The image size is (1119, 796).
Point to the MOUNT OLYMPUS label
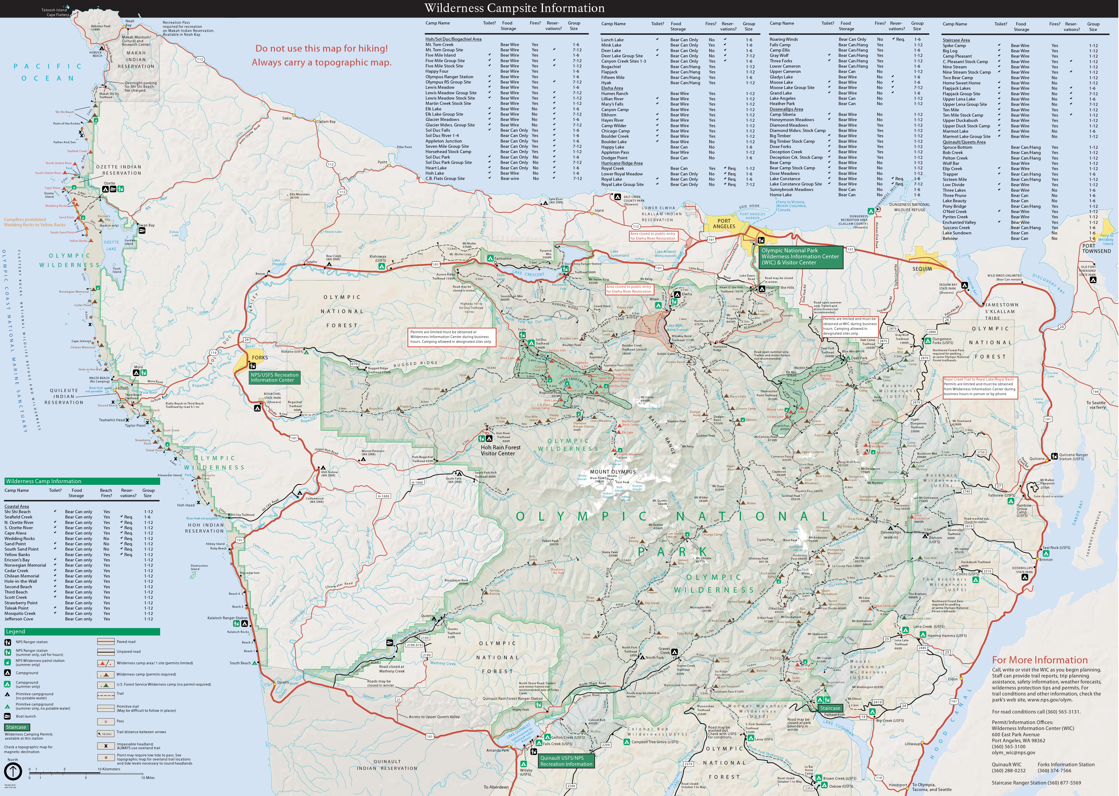[x=613, y=471]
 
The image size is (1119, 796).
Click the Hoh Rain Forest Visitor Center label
[x=501, y=450]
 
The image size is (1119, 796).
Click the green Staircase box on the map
[x=830, y=708]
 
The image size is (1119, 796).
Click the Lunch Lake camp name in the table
[x=612, y=40]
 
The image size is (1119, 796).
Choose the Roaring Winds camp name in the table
[x=784, y=39]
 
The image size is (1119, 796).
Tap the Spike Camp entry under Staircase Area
[x=954, y=46]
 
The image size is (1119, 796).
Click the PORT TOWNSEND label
[x=1096, y=248]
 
